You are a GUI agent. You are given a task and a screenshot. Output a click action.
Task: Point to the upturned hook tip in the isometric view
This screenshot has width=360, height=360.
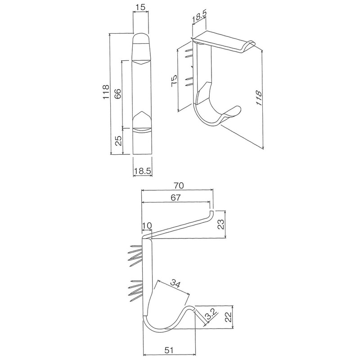click(x=236, y=110)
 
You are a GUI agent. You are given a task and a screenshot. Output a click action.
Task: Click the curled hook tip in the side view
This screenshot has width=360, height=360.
click(x=193, y=308)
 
